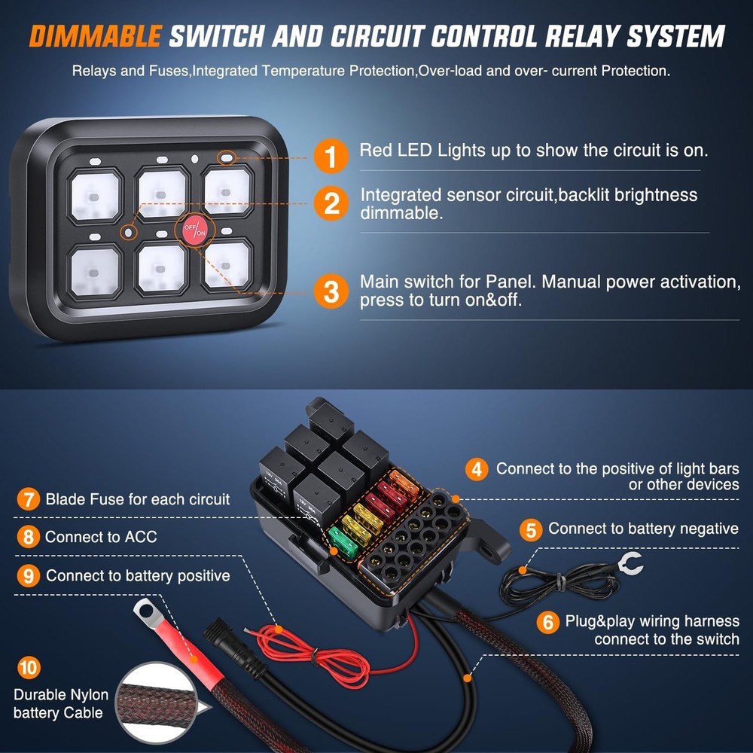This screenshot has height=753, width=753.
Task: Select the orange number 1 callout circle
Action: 332,155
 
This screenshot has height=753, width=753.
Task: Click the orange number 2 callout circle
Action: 332,203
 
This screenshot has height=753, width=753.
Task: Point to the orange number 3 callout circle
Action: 332,291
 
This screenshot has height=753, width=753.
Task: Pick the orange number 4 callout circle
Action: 476,470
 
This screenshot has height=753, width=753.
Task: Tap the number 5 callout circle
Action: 532,530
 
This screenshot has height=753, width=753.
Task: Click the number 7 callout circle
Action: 28,499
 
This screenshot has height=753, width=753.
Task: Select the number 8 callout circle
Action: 28,538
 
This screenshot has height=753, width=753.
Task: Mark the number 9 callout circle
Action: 28,576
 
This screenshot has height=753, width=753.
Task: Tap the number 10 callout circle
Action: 28,667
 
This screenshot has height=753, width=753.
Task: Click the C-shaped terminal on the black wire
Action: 627,562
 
